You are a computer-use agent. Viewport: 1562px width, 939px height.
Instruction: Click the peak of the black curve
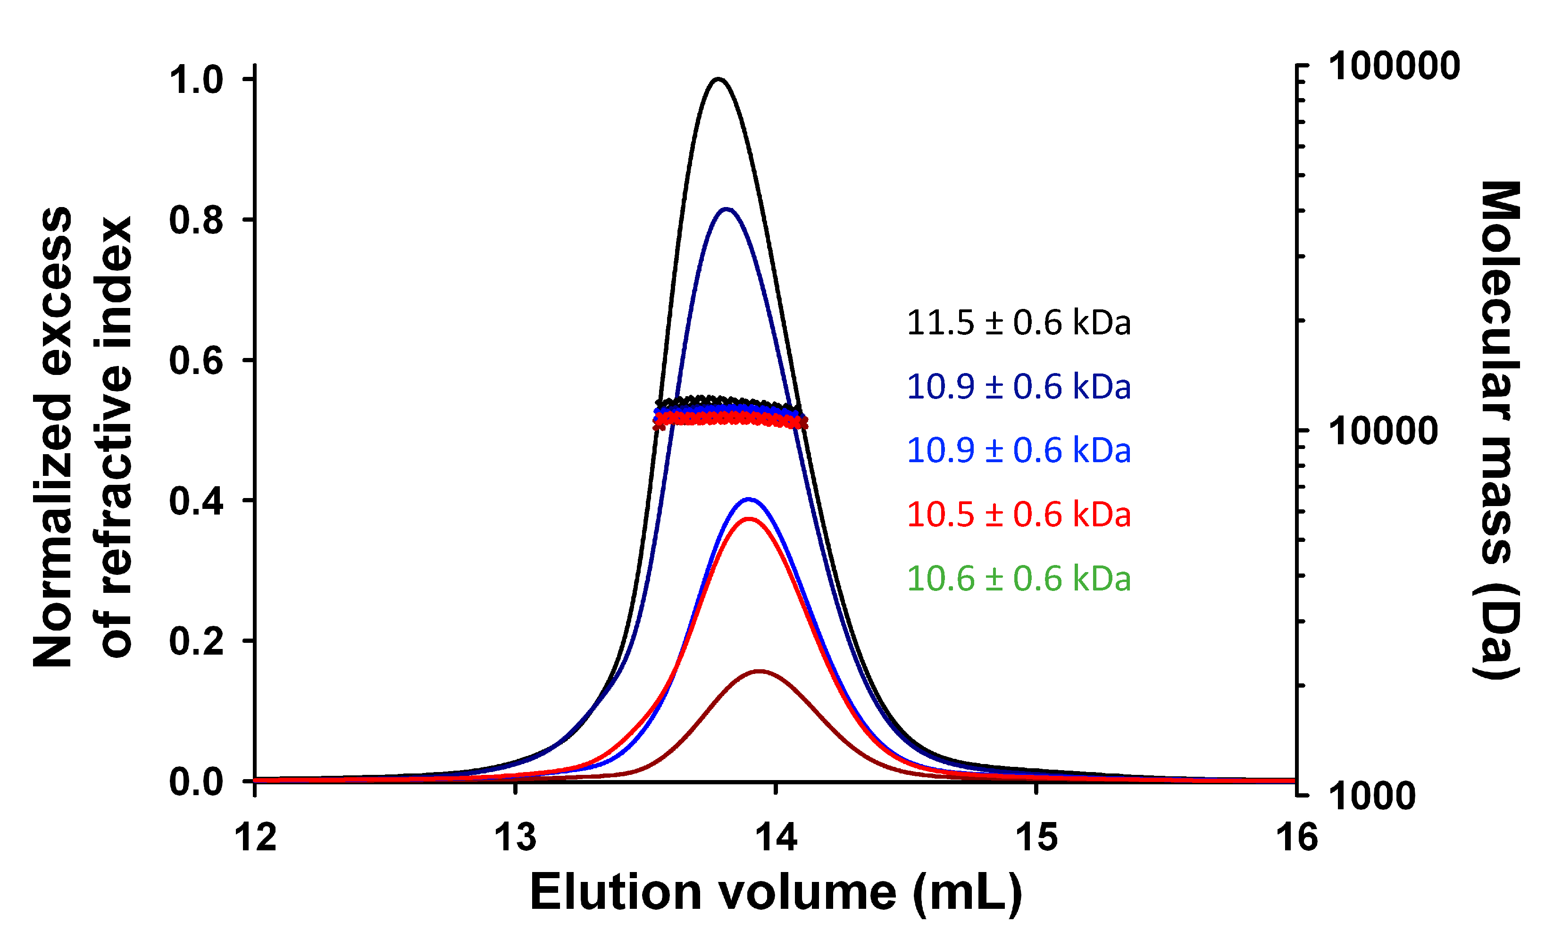tap(718, 79)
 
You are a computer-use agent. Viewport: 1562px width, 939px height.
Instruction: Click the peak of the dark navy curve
tap(727, 209)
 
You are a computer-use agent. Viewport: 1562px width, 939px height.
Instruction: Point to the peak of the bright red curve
tap(749, 519)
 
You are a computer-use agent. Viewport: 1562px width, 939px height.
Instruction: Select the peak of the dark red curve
tap(759, 671)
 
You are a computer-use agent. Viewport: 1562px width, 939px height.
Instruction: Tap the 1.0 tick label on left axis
tap(196, 80)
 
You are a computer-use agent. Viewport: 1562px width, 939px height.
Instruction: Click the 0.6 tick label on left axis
tap(196, 361)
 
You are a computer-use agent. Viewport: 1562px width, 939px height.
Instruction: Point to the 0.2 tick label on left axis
tap(196, 641)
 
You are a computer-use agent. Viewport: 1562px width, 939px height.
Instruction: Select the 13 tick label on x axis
tap(515, 838)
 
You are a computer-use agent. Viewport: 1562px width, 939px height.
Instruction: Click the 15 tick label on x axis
tap(1036, 838)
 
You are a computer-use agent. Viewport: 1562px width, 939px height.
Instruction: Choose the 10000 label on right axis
tap(1383, 432)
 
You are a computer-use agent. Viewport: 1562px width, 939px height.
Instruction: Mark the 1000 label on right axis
tap(1371, 795)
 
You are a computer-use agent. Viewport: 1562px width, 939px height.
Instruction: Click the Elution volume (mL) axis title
tap(776, 893)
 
